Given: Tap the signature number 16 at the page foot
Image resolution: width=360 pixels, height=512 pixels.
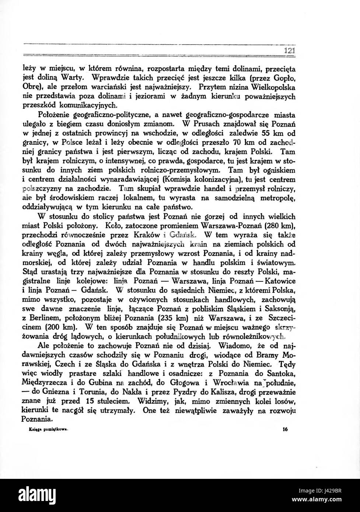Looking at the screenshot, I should pos(285,429).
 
